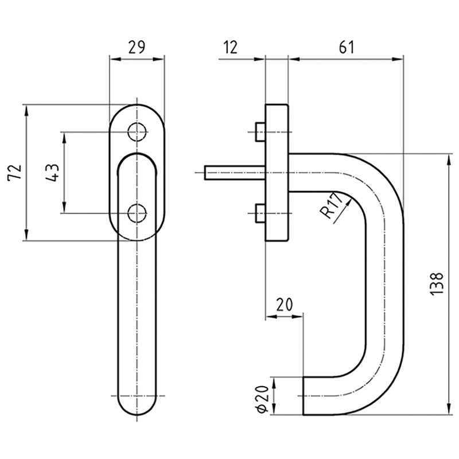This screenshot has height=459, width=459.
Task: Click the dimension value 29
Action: (136, 48)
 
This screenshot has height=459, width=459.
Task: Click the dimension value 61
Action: (345, 48)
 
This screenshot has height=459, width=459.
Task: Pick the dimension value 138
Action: (437, 282)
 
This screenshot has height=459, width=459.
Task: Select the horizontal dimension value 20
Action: (282, 304)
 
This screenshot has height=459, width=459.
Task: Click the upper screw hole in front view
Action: (137, 132)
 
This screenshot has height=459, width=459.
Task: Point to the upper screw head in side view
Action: (259, 133)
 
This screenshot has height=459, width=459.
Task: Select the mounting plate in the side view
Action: (276, 172)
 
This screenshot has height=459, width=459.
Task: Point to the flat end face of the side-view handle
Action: (303, 395)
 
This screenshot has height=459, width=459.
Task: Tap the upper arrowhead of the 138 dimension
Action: (448, 158)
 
